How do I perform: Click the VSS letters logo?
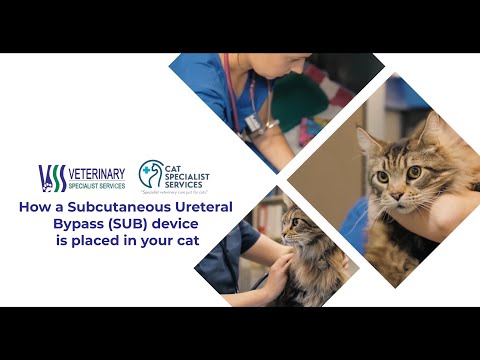[x=52, y=178]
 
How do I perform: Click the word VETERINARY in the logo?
[x=97, y=173]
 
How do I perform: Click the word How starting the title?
[x=36, y=208]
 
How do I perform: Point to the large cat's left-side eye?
[x=382, y=176]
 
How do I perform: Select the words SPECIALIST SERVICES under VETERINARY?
[x=96, y=186]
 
